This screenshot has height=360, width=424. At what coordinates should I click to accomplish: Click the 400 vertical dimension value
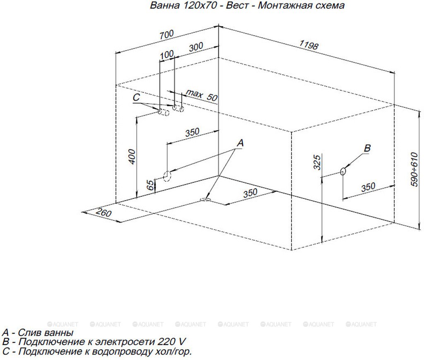pyautogui.click(x=132, y=156)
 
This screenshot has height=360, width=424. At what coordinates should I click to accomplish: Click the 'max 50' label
pyautogui.click(x=202, y=95)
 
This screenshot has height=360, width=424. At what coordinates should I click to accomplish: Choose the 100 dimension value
pyautogui.click(x=166, y=54)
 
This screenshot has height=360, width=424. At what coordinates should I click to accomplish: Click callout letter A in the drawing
pyautogui.click(x=240, y=143)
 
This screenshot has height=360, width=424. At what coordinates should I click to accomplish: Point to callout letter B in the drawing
pyautogui.click(x=367, y=148)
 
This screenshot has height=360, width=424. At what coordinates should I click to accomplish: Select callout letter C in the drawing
pyautogui.click(x=137, y=98)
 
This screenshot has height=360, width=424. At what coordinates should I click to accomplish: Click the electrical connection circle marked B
pyautogui.click(x=343, y=171)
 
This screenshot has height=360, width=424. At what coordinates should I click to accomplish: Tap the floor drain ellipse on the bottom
pyautogui.click(x=205, y=200)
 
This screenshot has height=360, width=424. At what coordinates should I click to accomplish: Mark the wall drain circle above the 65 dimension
pyautogui.click(x=167, y=176)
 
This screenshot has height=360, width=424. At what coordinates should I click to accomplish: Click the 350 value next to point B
pyautogui.click(x=368, y=187)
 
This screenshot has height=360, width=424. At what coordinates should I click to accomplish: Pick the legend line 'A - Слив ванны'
pyautogui.click(x=38, y=333)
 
